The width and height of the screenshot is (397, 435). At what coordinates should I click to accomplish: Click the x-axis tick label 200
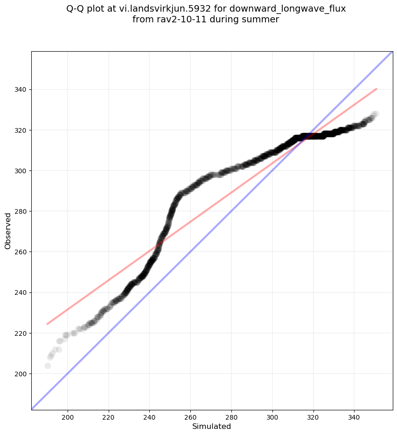[68, 415]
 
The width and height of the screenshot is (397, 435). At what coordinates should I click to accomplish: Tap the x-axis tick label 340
[354, 415]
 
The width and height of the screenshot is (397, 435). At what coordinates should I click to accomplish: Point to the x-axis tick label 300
[272, 415]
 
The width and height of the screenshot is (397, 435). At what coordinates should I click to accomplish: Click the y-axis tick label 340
[21, 89]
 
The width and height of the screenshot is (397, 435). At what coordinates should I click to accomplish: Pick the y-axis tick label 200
[21, 374]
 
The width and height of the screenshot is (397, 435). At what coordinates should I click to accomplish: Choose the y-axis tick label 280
[21, 211]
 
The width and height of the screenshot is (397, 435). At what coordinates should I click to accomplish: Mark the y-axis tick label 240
[21, 292]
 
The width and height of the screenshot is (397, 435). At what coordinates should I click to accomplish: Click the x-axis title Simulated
[212, 426]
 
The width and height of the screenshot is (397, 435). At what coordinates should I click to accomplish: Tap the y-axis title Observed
[8, 231]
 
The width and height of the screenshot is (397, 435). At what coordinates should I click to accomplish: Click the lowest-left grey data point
[48, 366]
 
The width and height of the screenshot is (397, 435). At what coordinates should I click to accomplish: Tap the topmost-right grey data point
[376, 114]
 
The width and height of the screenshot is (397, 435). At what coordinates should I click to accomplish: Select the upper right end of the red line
[376, 88]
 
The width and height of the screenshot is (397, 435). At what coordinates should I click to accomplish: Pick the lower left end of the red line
[47, 324]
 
